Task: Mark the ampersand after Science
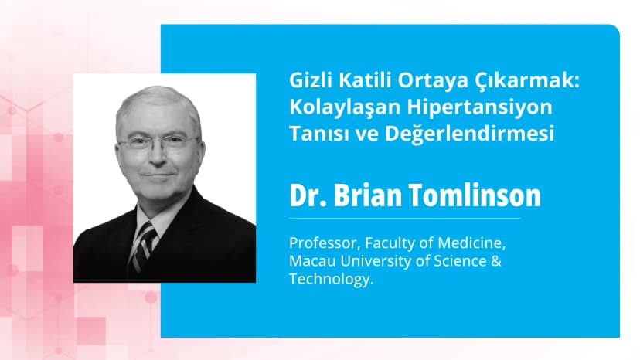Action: (498, 262)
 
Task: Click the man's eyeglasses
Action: (158, 144)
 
